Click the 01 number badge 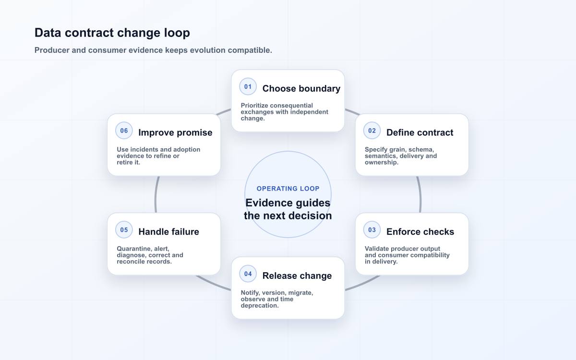[x=248, y=87]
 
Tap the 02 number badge [x=372, y=131]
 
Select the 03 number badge [x=372, y=229]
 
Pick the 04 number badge [x=248, y=274]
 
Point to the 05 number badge [x=124, y=229]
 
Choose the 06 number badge [x=124, y=131]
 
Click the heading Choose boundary [x=301, y=89]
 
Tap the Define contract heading [x=420, y=132]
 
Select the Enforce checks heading [x=420, y=232]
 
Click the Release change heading [x=297, y=276]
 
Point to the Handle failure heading [x=168, y=232]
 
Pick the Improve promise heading [x=175, y=132]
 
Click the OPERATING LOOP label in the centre [x=288, y=189]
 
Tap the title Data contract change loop [x=112, y=33]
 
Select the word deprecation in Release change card [x=260, y=306]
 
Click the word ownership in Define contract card [x=381, y=163]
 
